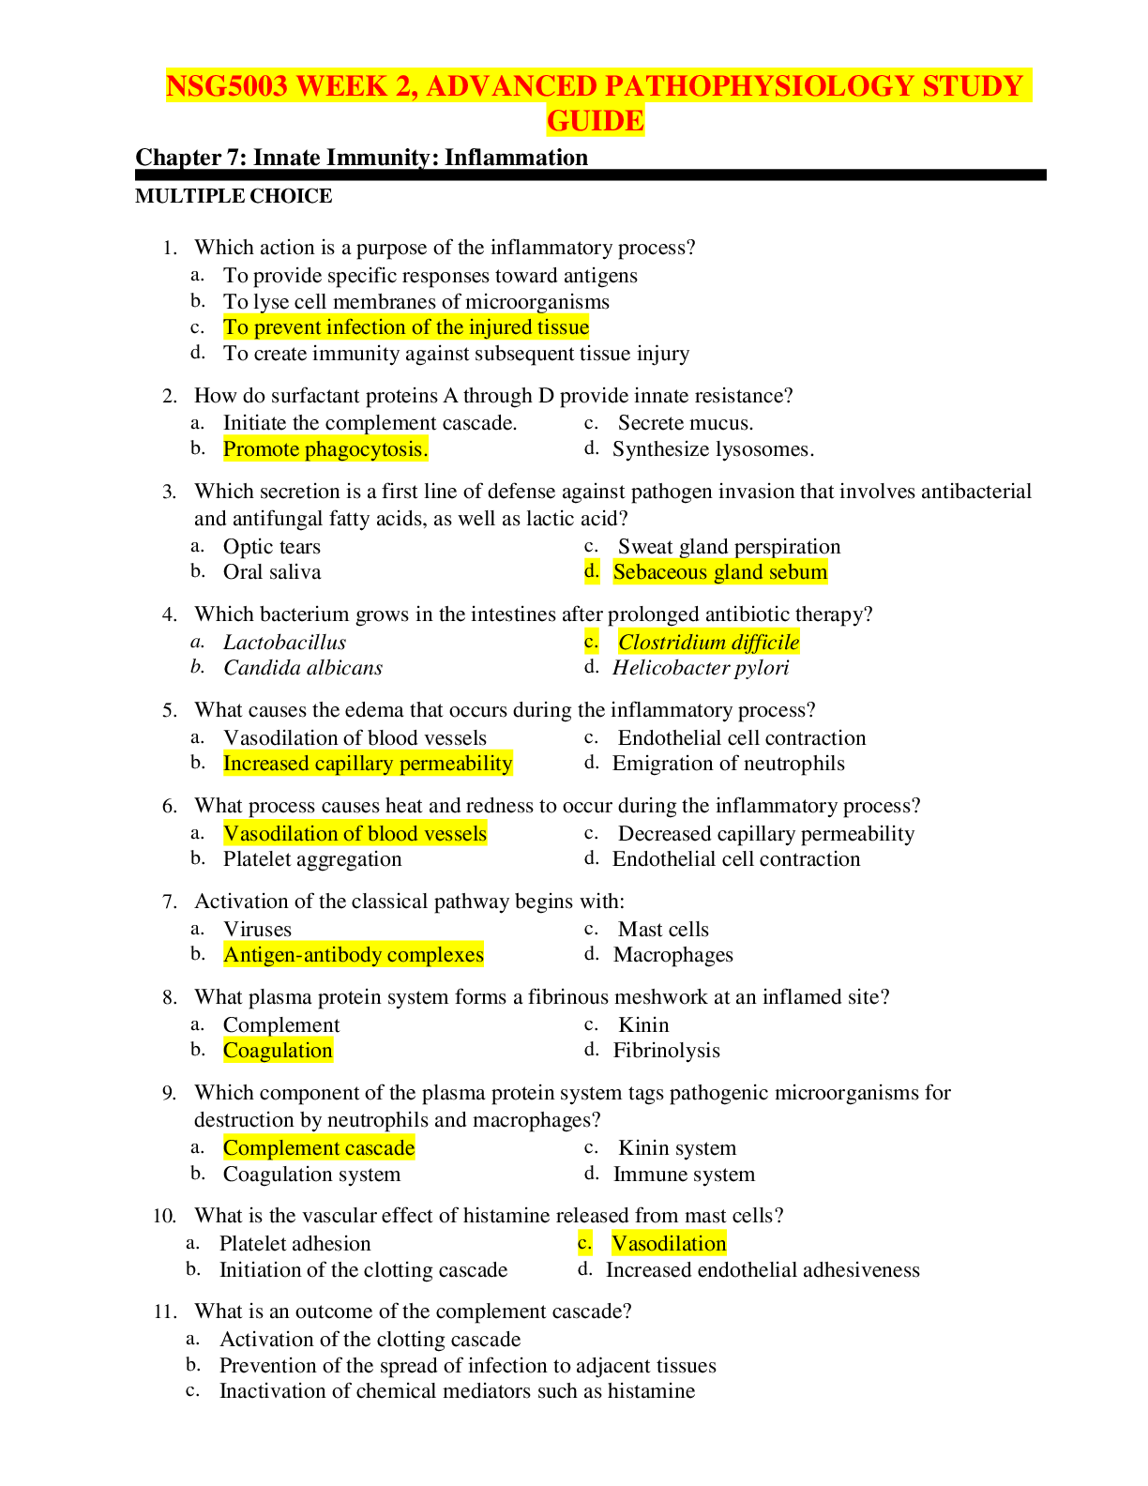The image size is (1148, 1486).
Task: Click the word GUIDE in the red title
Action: click(x=596, y=121)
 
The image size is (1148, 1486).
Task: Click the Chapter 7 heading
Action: click(x=361, y=157)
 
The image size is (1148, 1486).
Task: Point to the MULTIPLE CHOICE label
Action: click(x=234, y=196)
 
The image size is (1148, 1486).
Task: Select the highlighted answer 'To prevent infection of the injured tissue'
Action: click(x=406, y=327)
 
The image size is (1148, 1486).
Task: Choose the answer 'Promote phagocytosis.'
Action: click(x=325, y=449)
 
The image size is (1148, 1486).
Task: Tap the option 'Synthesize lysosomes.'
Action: click(x=713, y=449)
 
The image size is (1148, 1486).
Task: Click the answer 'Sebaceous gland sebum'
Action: click(x=720, y=572)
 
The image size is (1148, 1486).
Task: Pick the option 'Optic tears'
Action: click(x=272, y=547)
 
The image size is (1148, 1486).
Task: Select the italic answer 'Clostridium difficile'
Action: click(x=708, y=643)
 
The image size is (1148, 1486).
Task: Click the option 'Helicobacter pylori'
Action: click(x=701, y=668)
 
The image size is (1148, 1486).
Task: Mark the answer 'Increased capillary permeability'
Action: click(x=368, y=764)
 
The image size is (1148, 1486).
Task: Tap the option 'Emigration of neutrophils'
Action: click(x=729, y=764)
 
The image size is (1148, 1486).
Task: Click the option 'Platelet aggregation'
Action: click(x=312, y=859)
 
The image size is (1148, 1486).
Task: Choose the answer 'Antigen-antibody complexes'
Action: click(x=354, y=955)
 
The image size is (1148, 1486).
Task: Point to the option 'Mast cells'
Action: click(x=663, y=930)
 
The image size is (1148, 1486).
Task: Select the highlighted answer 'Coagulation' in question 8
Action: click(x=278, y=1051)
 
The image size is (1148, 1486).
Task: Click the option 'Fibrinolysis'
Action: click(x=667, y=1051)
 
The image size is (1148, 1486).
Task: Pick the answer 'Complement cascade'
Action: click(x=319, y=1148)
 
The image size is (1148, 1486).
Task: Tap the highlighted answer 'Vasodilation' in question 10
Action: click(x=669, y=1244)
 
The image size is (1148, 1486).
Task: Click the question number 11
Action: click(x=164, y=1312)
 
